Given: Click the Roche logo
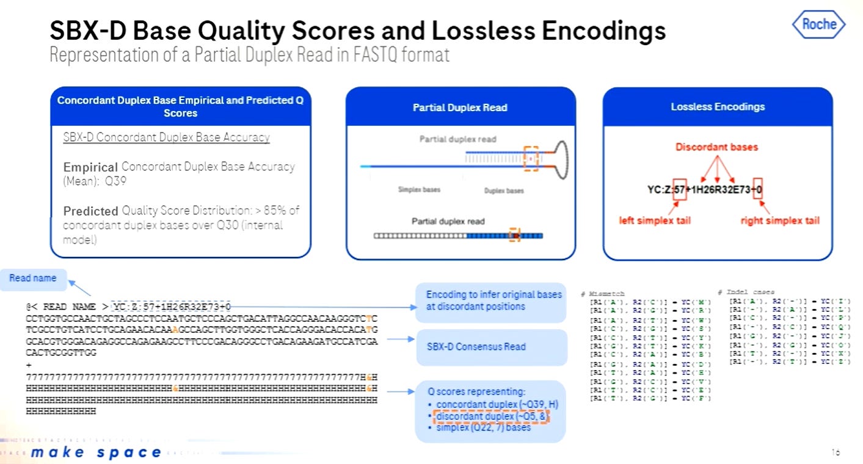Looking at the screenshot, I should tap(818, 25).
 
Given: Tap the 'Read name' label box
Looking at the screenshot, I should tap(33, 278).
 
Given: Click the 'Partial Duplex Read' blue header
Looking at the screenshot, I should tap(460, 107).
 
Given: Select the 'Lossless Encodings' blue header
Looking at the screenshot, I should tap(718, 107).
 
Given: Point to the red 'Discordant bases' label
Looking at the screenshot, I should tap(716, 147).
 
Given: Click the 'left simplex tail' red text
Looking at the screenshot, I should tap(655, 220).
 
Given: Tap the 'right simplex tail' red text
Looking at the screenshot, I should tap(779, 220).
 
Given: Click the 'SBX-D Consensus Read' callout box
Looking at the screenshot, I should tap(476, 347).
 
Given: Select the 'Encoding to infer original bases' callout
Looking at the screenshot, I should tap(493, 300).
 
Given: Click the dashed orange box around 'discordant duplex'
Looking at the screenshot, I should tap(492, 417).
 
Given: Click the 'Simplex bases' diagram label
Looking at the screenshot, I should tap(419, 190).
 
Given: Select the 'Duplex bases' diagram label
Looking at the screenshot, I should tap(504, 190).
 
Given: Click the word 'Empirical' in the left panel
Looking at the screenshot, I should tap(90, 167).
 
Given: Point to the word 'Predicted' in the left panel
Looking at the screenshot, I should tap(90, 211).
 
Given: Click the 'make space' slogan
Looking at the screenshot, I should tap(96, 452).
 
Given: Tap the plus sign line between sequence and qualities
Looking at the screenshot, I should tap(29, 364).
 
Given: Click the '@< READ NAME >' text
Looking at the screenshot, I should tap(67, 307).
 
